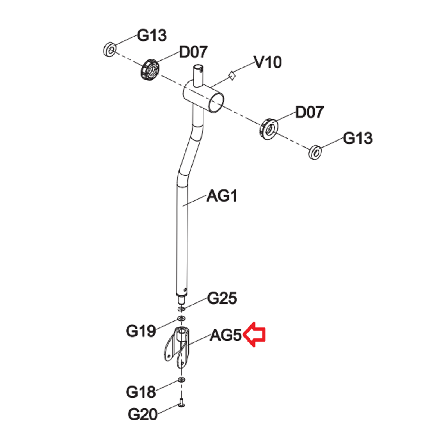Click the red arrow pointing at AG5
click(254, 334)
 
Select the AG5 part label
click(225, 336)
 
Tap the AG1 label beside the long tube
click(222, 196)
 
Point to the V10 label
click(268, 62)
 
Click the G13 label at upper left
click(151, 35)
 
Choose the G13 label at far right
click(357, 138)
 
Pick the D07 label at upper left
click(193, 52)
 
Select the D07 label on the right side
click(309, 112)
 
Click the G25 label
click(222, 298)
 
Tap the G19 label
click(141, 331)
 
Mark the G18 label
click(141, 392)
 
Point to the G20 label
click(142, 414)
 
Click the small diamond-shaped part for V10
click(232, 76)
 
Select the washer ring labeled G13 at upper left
click(110, 50)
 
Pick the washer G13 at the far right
click(315, 152)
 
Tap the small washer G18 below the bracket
click(181, 380)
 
